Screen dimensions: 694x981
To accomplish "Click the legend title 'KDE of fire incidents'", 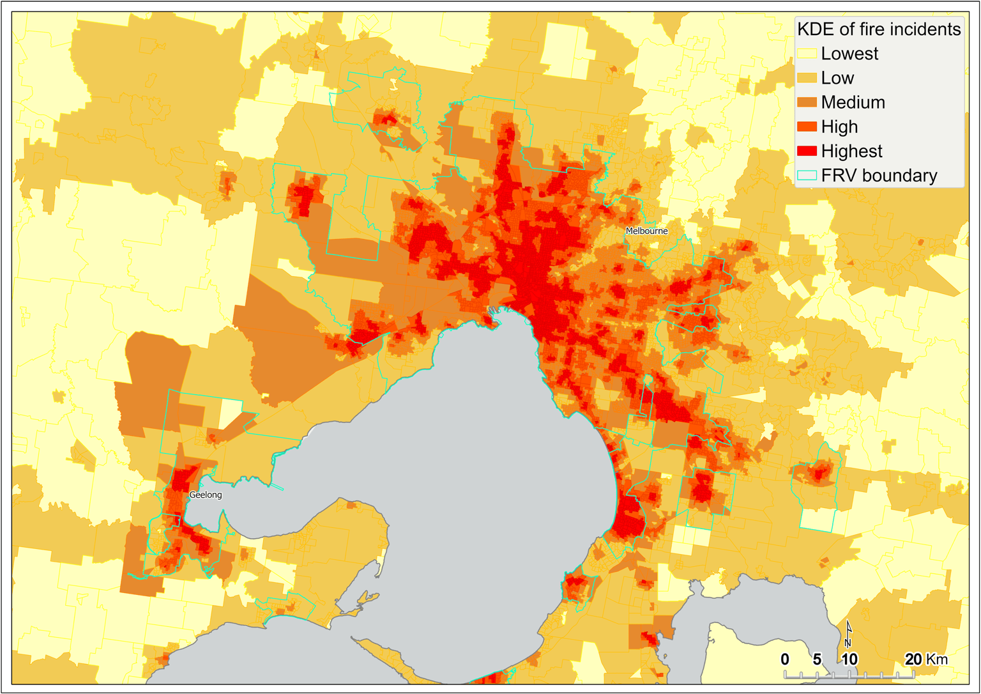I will [879, 29].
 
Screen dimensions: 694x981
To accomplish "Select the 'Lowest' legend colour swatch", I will [807, 54].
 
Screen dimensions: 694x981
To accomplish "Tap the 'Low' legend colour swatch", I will [807, 78].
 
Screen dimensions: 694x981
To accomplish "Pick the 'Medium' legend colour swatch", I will [807, 102].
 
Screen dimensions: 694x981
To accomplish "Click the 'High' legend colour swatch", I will [807, 127].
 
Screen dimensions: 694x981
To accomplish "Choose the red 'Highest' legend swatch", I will [807, 151].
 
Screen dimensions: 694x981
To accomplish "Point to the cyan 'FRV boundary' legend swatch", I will [807, 175].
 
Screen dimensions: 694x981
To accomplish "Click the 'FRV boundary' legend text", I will [879, 176].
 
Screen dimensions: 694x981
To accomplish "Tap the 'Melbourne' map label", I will [646, 231].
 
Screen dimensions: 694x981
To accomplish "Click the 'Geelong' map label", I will [206, 495].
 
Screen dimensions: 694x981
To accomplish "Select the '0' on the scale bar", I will [785, 659].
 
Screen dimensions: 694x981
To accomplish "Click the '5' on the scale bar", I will [817, 659].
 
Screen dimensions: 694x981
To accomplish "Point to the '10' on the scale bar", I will [849, 659].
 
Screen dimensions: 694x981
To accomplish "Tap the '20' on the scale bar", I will [913, 659].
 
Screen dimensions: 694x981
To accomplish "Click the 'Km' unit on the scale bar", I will [938, 659].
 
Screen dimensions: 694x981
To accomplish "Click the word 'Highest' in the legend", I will [851, 151].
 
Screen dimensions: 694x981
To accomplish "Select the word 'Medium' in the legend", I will [853, 102].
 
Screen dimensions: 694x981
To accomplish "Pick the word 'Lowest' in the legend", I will [849, 54].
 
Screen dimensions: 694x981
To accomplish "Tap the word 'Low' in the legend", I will [837, 78].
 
